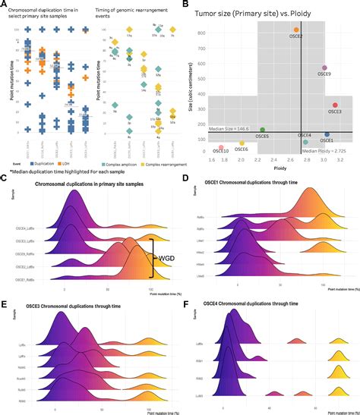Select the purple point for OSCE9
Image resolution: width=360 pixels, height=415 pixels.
[324, 68]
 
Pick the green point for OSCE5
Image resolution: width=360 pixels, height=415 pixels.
[262, 130]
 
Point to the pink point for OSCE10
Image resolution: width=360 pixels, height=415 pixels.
[221, 147]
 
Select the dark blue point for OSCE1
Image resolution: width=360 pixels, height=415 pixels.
[327, 134]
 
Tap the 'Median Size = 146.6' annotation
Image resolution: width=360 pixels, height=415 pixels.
[229, 130]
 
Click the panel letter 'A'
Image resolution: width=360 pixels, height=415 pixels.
[5, 5]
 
